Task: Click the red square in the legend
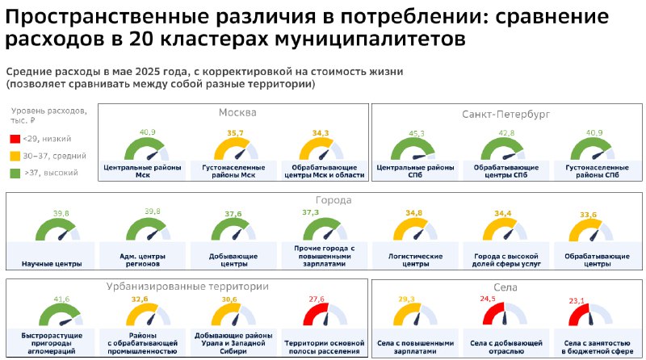[x=15, y=139]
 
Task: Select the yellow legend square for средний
[x=15, y=156]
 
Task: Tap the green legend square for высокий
[x=15, y=173]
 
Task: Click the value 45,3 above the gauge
[x=416, y=133]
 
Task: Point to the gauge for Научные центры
[x=57, y=230]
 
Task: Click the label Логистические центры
[x=415, y=260]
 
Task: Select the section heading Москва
[x=237, y=112]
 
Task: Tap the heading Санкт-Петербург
[x=506, y=114]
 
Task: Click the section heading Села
[x=505, y=287]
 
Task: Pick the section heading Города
[x=333, y=200]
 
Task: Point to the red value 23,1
[x=577, y=301]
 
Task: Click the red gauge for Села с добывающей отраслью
[x=505, y=313]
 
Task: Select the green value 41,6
[x=61, y=299]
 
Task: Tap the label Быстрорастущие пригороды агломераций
[x=52, y=343]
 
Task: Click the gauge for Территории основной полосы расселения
[x=325, y=314]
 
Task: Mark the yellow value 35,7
[x=235, y=133]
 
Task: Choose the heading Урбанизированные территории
[x=187, y=287]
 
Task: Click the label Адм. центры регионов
[x=143, y=260]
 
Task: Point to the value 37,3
[x=310, y=212]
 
